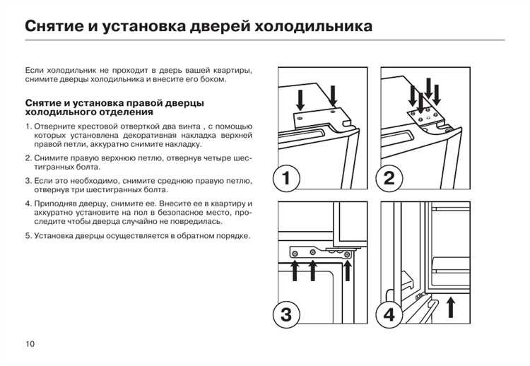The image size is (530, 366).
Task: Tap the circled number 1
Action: pyautogui.click(x=285, y=178)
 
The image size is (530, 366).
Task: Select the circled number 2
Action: pyautogui.click(x=389, y=178)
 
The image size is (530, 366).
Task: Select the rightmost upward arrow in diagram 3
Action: pyautogui.click(x=348, y=268)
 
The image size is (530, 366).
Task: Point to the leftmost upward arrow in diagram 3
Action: pyautogui.click(x=295, y=269)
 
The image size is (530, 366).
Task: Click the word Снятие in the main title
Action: pyautogui.click(x=56, y=28)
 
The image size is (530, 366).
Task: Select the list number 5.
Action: pyautogui.click(x=28, y=235)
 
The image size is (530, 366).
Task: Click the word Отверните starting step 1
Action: pyautogui.click(x=56, y=126)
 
